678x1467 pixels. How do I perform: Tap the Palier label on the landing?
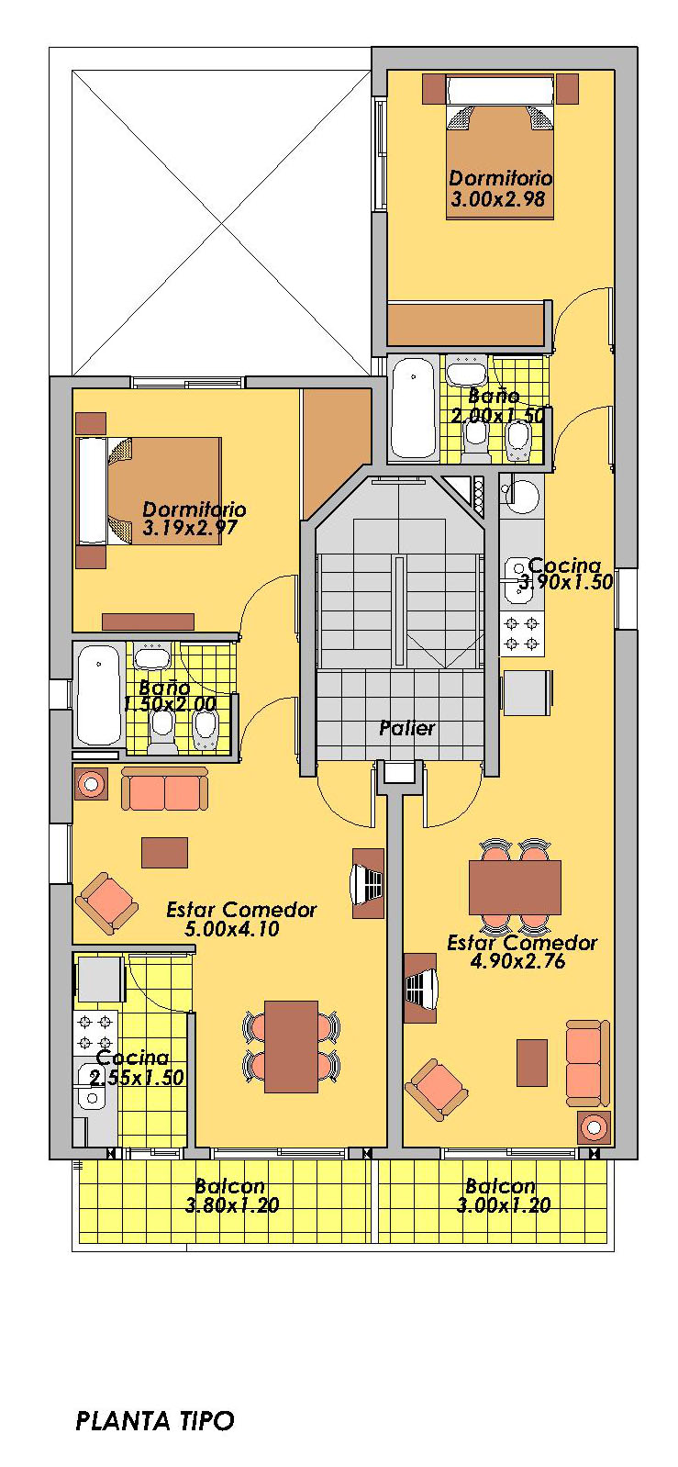(x=407, y=728)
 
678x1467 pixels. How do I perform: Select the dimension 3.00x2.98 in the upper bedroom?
(x=498, y=199)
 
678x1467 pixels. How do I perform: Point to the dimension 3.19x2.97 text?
(x=190, y=528)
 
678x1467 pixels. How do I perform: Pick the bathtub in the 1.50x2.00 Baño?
(x=99, y=695)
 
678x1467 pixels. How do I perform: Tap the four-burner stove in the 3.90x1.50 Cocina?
(x=522, y=634)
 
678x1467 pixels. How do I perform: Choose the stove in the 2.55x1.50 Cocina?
(x=95, y=1032)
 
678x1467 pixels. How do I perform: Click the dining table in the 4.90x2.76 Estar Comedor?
(x=515, y=888)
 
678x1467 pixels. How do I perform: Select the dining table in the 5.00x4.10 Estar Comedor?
(x=291, y=1047)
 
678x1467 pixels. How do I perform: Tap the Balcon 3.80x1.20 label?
(x=232, y=1195)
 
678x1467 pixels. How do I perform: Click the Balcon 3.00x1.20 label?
(x=503, y=1195)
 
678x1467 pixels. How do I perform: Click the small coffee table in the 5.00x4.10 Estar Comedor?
(x=165, y=853)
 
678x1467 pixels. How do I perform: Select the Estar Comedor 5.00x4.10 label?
(x=241, y=919)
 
